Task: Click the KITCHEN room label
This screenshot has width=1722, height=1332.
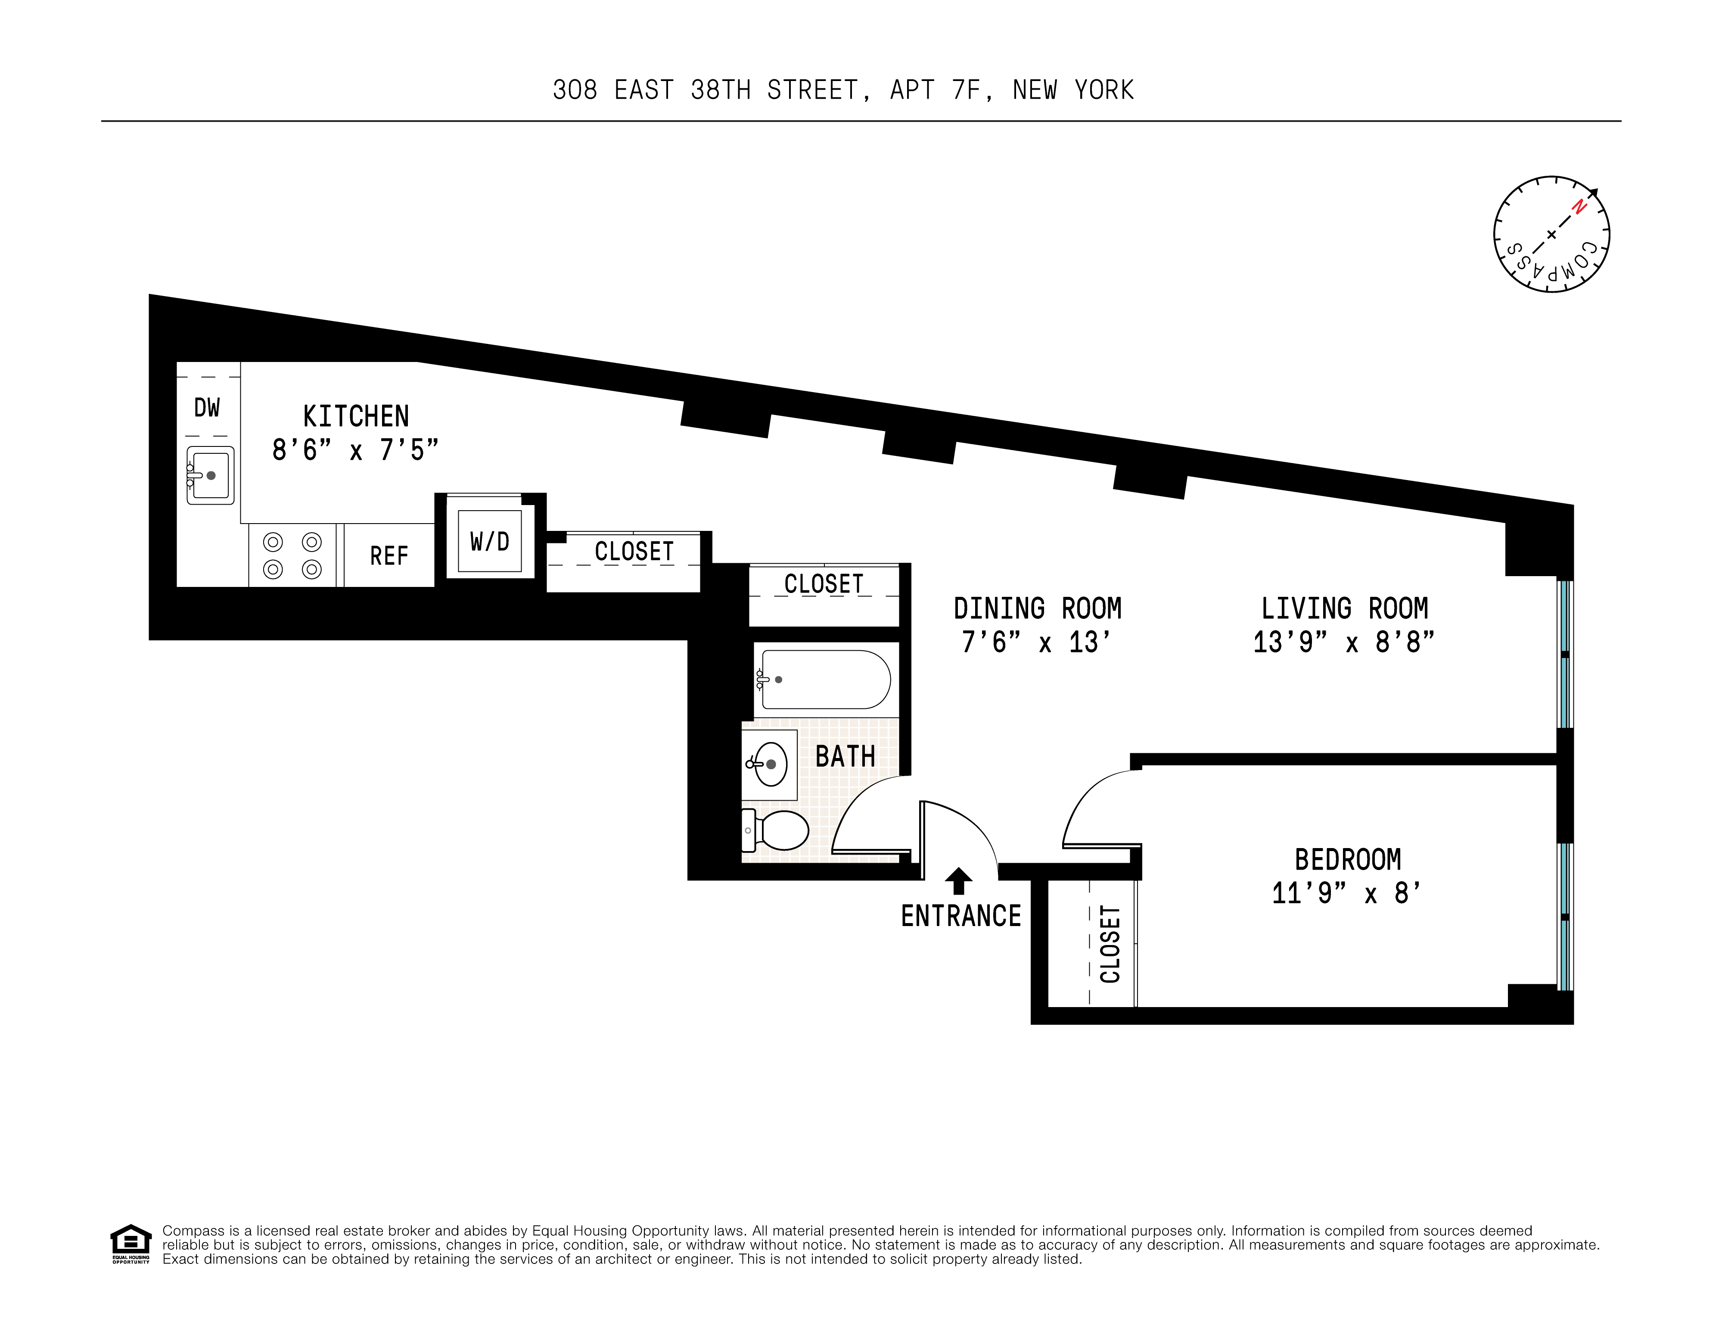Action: click(356, 416)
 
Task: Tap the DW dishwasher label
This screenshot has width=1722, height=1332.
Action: click(207, 408)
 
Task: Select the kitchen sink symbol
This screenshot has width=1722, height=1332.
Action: click(211, 476)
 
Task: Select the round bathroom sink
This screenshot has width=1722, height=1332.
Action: click(770, 764)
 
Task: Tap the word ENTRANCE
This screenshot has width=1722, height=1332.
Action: click(961, 917)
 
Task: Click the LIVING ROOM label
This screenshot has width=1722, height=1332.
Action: click(1344, 609)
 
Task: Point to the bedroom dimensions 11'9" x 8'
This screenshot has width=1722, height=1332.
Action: click(1347, 893)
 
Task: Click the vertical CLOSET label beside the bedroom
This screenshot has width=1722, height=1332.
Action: click(1110, 944)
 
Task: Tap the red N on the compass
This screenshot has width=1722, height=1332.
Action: click(1579, 207)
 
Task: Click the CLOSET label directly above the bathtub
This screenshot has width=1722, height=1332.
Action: click(824, 584)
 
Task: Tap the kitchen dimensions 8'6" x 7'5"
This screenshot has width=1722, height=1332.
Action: click(355, 450)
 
